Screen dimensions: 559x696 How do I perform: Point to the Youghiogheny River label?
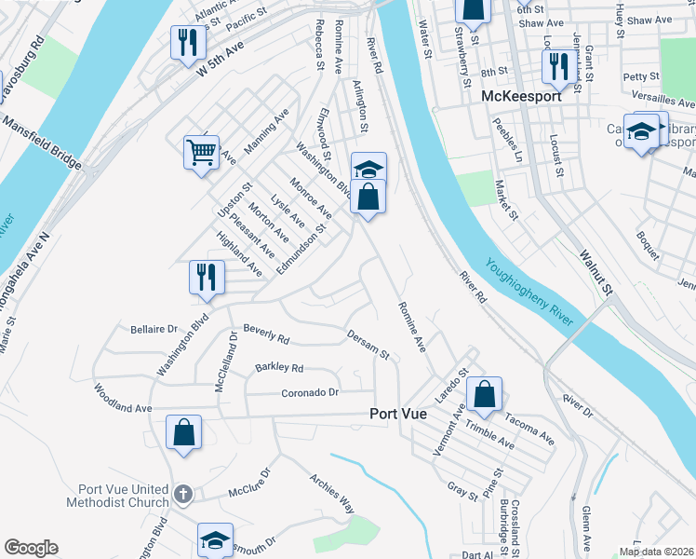click(x=531, y=291)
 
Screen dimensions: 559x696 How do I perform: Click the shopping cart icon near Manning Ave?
click(x=202, y=151)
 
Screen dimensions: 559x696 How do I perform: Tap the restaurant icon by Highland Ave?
click(x=205, y=277)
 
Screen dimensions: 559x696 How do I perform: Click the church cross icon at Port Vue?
click(x=183, y=494)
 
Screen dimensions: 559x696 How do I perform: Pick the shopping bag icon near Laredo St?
click(x=485, y=393)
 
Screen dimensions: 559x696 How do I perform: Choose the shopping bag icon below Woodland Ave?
click(x=183, y=432)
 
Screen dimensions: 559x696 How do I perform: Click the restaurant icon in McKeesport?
click(x=558, y=66)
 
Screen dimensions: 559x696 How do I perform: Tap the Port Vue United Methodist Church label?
click(x=117, y=496)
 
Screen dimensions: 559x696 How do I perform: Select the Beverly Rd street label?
click(x=266, y=332)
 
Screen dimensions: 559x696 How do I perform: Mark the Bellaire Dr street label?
click(x=154, y=329)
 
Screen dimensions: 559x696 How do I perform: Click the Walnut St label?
click(x=595, y=272)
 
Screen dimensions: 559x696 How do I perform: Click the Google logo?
click(x=31, y=548)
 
